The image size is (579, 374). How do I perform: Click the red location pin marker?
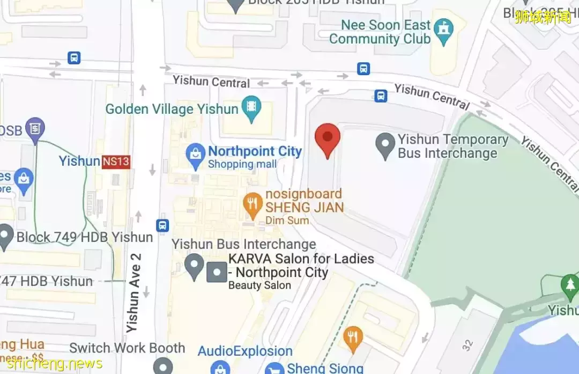tap(327, 139)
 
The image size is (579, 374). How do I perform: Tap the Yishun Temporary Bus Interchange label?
tap(453, 146)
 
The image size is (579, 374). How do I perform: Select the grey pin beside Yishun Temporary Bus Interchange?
tap(385, 146)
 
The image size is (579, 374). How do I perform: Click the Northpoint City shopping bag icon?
tap(195, 156)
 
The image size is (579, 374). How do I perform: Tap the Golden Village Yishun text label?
tap(172, 109)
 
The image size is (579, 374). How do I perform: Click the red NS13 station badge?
tap(116, 161)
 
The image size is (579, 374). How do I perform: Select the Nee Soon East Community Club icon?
tap(443, 31)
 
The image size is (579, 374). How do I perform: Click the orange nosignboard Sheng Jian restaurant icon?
tap(252, 203)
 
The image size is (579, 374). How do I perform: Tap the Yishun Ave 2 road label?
tap(134, 292)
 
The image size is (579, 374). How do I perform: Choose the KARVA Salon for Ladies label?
tap(301, 266)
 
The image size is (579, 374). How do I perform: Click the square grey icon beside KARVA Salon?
tap(217, 272)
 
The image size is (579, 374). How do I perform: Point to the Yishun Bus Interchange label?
tap(244, 245)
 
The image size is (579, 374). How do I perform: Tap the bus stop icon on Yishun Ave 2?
tap(163, 225)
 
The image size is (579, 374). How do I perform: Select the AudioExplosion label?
tap(245, 351)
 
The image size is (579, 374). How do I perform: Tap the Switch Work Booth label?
tap(127, 348)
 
